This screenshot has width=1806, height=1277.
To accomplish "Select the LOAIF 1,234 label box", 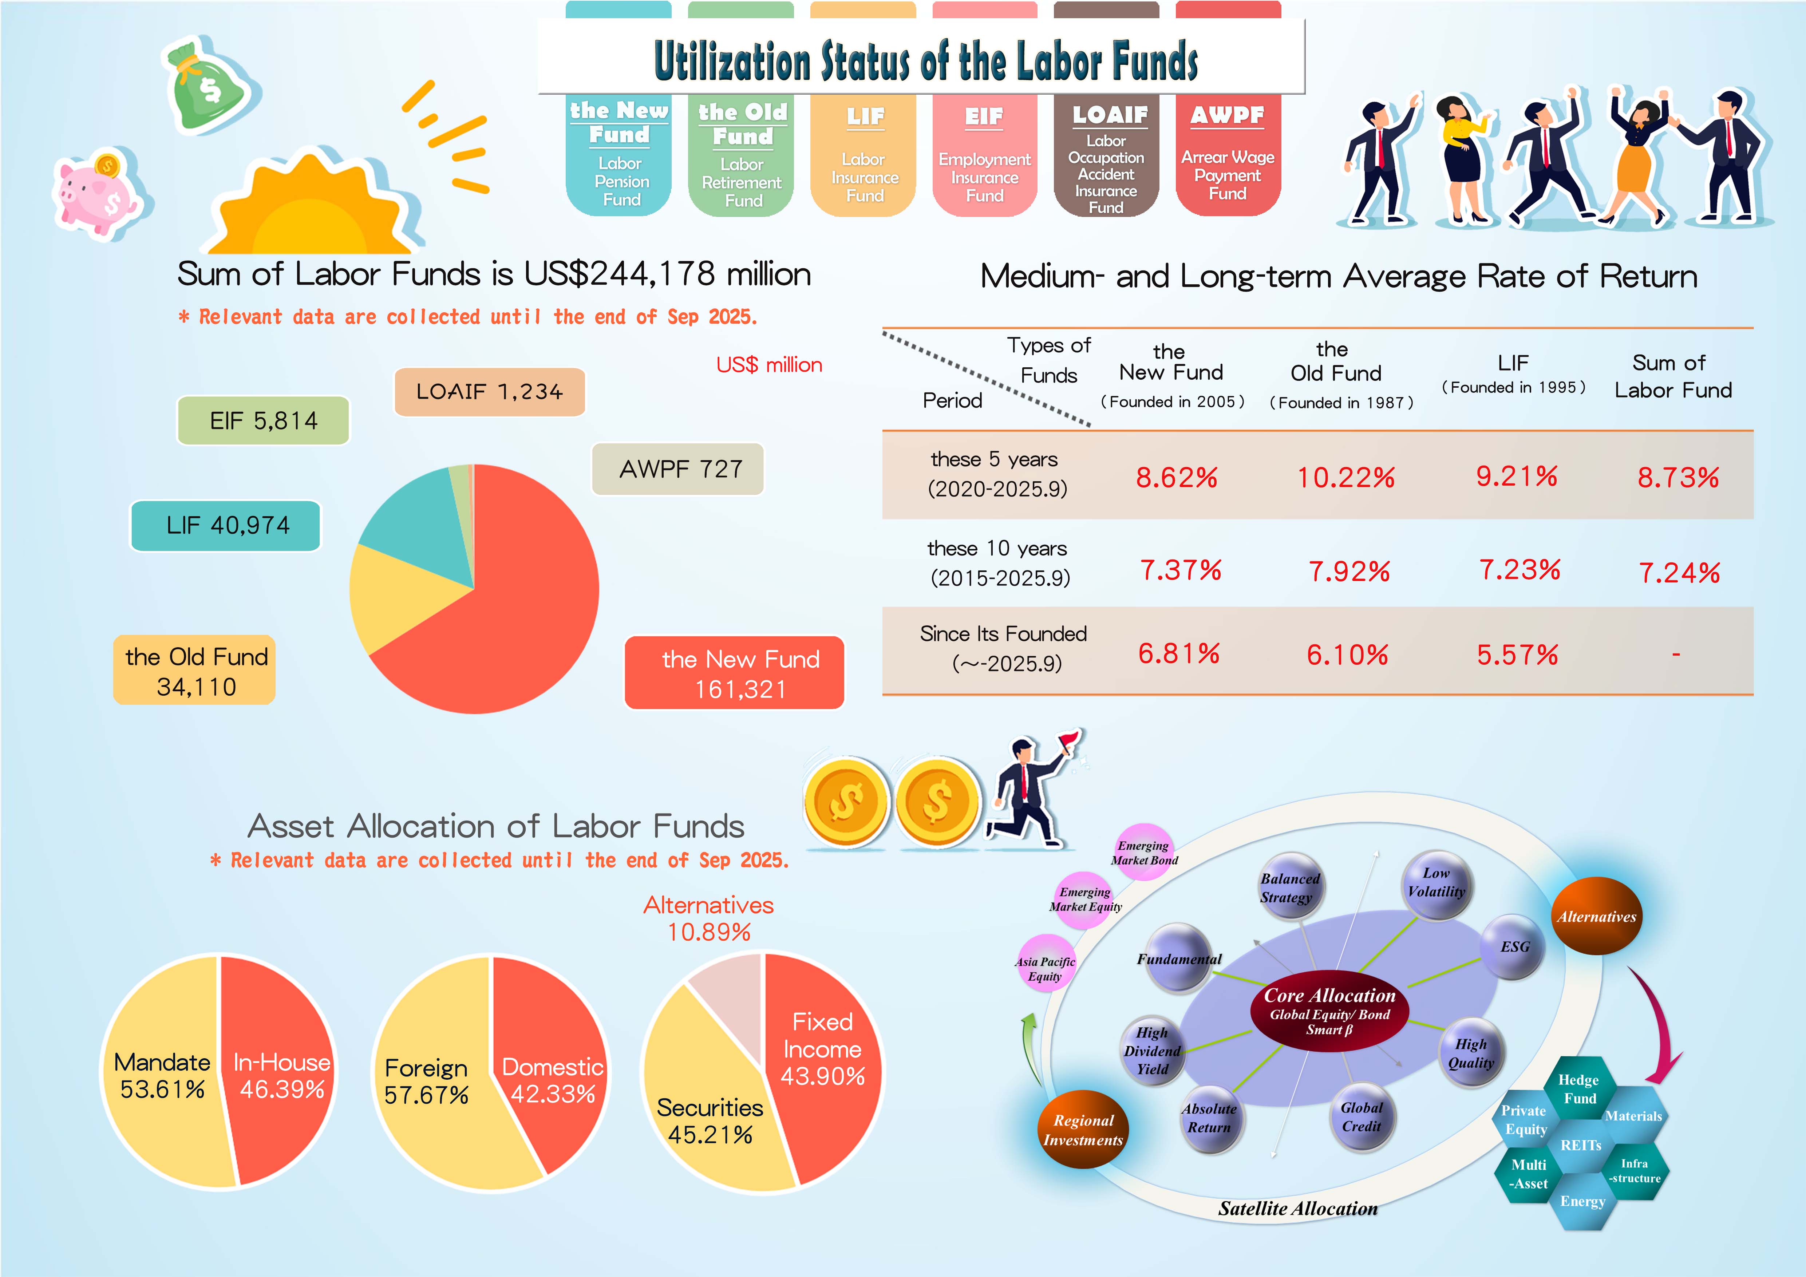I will click(x=489, y=392).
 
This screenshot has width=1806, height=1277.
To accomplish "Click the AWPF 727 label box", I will click(x=678, y=470).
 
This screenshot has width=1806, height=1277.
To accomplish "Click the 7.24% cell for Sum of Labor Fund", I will click(x=1679, y=573).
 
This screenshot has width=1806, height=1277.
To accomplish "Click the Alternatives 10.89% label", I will click(x=708, y=918).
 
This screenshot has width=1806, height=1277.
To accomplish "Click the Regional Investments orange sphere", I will click(x=1083, y=1129).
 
